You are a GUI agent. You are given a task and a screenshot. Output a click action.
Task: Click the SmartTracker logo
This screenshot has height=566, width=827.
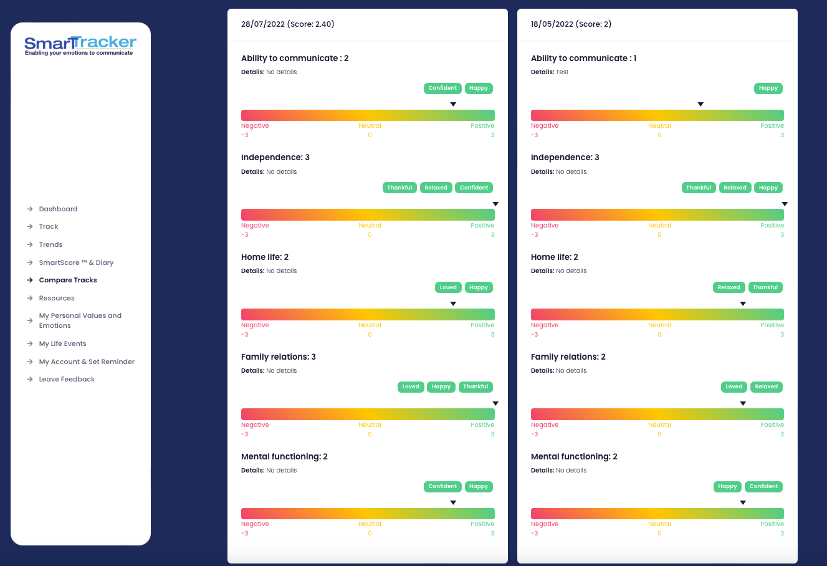point(80,45)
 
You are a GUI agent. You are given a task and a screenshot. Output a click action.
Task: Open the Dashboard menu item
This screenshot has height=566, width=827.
point(58,209)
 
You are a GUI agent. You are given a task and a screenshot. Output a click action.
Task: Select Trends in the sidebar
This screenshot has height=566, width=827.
point(50,244)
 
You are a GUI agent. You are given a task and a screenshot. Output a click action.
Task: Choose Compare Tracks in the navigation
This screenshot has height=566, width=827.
point(68,280)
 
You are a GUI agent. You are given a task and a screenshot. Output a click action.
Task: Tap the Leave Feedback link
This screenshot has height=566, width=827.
point(67,379)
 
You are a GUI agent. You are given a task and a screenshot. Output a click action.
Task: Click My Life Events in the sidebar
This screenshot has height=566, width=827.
point(62,343)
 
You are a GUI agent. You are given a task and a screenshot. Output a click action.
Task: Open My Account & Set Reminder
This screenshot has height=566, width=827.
point(87,362)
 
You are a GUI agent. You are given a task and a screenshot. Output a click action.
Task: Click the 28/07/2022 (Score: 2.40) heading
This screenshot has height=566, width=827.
point(288,24)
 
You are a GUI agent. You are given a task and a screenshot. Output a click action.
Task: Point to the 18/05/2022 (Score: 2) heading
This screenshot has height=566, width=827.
point(571,24)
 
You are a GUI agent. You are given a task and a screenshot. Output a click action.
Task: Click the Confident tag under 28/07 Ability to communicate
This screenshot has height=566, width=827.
point(442,88)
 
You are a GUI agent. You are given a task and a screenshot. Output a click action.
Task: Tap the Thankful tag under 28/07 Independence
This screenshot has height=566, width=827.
point(399,188)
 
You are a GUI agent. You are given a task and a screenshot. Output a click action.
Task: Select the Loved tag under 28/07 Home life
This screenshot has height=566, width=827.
point(448,287)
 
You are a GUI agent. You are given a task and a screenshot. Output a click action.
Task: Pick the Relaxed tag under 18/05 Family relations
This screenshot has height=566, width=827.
point(766,386)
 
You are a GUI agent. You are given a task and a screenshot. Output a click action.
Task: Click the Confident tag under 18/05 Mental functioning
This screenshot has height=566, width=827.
point(763,486)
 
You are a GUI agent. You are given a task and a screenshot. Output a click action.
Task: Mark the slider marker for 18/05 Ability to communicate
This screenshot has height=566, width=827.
point(700,104)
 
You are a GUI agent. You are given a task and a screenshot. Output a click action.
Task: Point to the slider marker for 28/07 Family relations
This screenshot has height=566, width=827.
point(495,403)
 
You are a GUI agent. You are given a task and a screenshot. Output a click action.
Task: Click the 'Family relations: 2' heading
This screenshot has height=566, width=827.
point(568,357)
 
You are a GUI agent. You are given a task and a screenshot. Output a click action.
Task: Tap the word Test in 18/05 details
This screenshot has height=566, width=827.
point(562,72)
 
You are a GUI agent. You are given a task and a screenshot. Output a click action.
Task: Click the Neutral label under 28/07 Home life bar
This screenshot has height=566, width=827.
point(370,325)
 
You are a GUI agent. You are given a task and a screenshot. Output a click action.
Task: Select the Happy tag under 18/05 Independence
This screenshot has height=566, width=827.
point(768,188)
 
